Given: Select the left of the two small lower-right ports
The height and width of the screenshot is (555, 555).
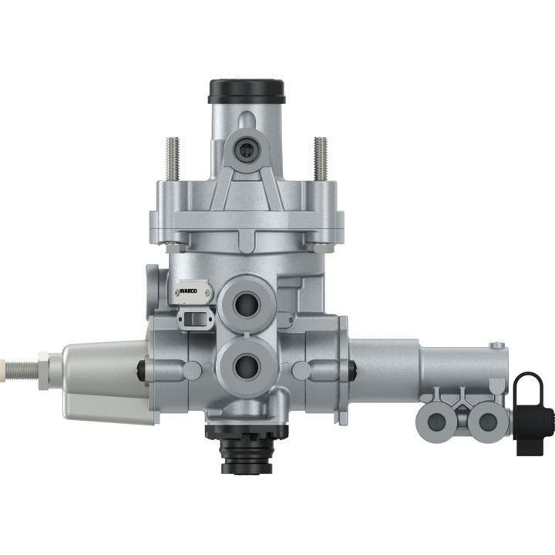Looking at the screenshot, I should pyautogui.click(x=433, y=420).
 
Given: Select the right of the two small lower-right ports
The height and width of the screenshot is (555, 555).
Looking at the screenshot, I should pyautogui.click(x=486, y=420).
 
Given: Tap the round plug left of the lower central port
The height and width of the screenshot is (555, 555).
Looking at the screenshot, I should pyautogui.click(x=140, y=372).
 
